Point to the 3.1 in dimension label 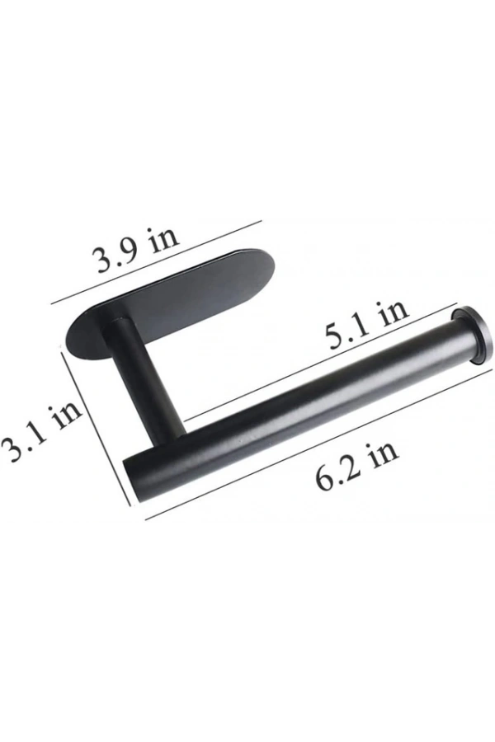(40, 431)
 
